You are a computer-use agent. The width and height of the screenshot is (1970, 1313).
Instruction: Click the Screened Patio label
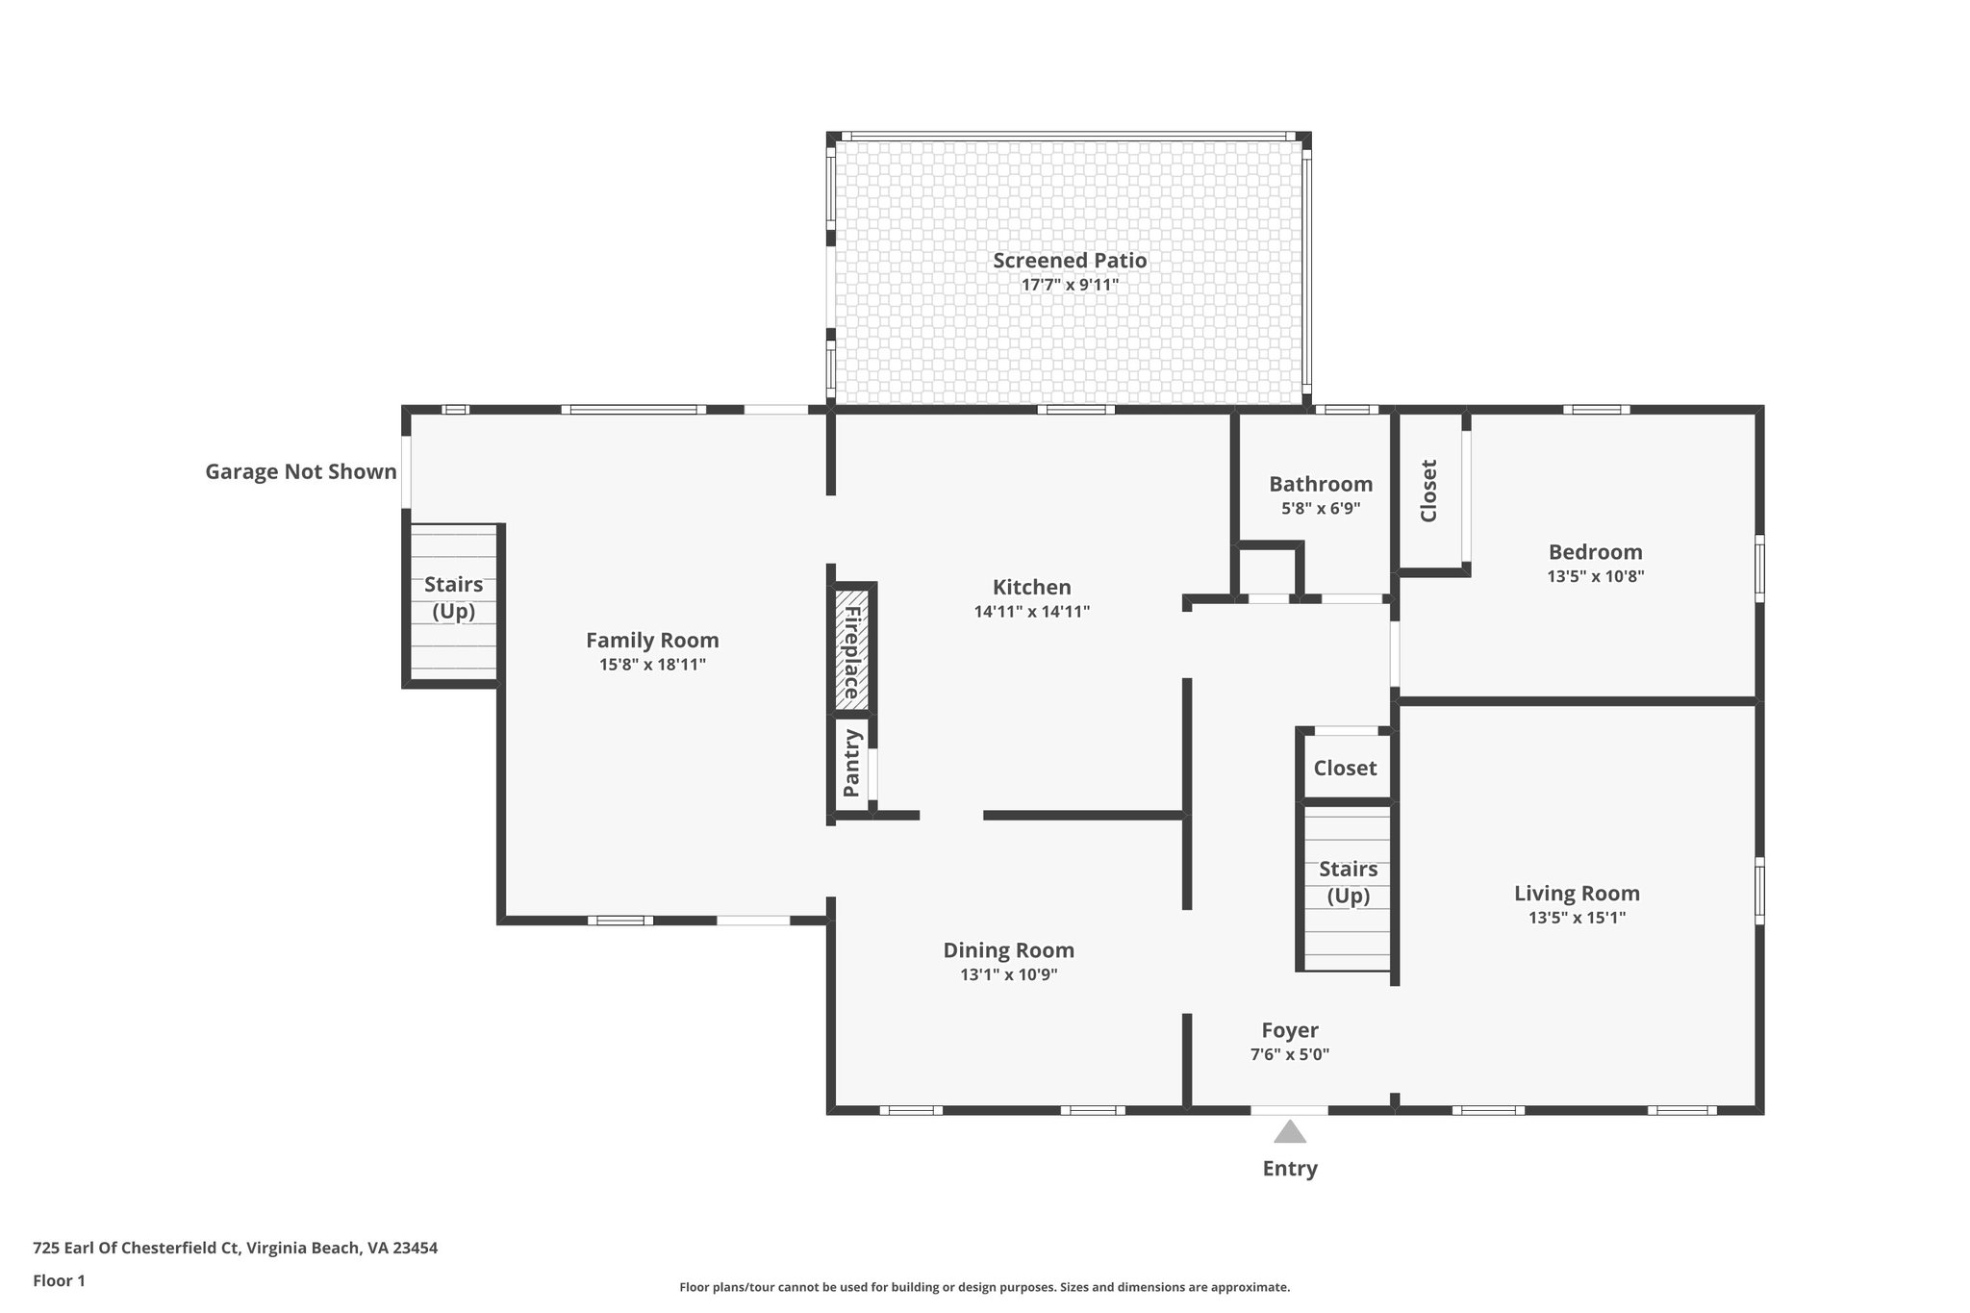point(1070,260)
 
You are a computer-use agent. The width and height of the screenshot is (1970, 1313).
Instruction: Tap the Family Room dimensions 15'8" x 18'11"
point(652,665)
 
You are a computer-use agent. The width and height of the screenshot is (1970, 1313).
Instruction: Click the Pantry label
point(851,763)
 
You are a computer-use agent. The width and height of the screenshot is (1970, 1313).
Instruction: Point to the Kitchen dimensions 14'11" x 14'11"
point(1031,612)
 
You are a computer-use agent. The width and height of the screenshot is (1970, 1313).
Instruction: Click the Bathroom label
point(1320,484)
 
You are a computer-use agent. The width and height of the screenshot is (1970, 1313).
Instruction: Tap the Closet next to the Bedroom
point(1428,491)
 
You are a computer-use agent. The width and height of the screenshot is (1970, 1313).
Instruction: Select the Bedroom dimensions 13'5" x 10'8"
point(1595,577)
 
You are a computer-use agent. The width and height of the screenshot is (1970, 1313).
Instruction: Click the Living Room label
point(1577,893)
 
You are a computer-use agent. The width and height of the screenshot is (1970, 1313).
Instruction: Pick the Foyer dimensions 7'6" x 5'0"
point(1289,1054)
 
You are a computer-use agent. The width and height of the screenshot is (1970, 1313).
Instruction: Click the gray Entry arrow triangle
point(1290,1132)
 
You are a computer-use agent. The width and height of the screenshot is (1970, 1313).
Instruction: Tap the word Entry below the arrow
point(1290,1169)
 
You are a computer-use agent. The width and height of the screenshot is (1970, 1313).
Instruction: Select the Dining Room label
point(1008,950)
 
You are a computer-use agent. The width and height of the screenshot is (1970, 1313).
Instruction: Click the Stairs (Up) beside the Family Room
point(453,597)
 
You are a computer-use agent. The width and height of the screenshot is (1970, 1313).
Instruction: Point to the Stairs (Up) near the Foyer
point(1348,882)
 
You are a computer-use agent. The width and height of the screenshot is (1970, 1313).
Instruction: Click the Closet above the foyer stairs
point(1345,768)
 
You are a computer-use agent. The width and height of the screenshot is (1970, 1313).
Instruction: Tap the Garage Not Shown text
point(300,471)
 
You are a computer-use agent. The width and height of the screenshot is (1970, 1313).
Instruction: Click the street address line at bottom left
point(235,1248)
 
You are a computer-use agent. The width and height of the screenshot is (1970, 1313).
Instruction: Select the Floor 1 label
point(59,1280)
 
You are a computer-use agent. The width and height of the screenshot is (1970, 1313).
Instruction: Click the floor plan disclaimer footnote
point(984,1287)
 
